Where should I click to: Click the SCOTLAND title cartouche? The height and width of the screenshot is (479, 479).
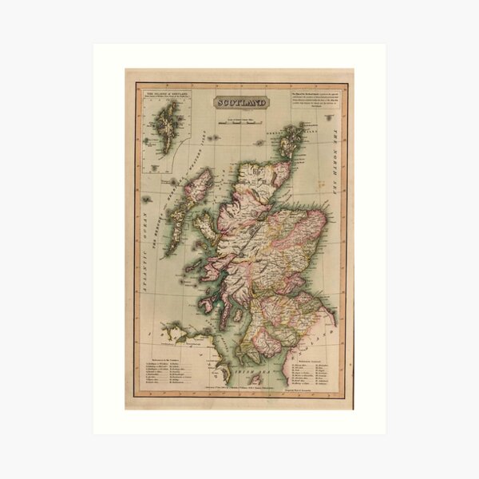tap(239, 102)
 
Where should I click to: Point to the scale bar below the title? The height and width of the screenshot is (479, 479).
tap(239, 123)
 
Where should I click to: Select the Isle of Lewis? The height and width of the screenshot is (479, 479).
tap(196, 188)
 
